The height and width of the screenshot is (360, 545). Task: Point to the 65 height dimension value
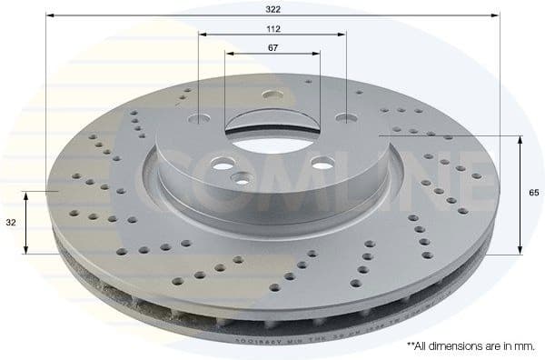(x=534, y=193)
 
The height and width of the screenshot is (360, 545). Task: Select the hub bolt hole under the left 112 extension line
(x=199, y=116)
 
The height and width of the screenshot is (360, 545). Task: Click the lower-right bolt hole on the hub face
(x=321, y=162)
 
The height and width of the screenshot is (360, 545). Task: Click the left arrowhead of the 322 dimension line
(x=49, y=15)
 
